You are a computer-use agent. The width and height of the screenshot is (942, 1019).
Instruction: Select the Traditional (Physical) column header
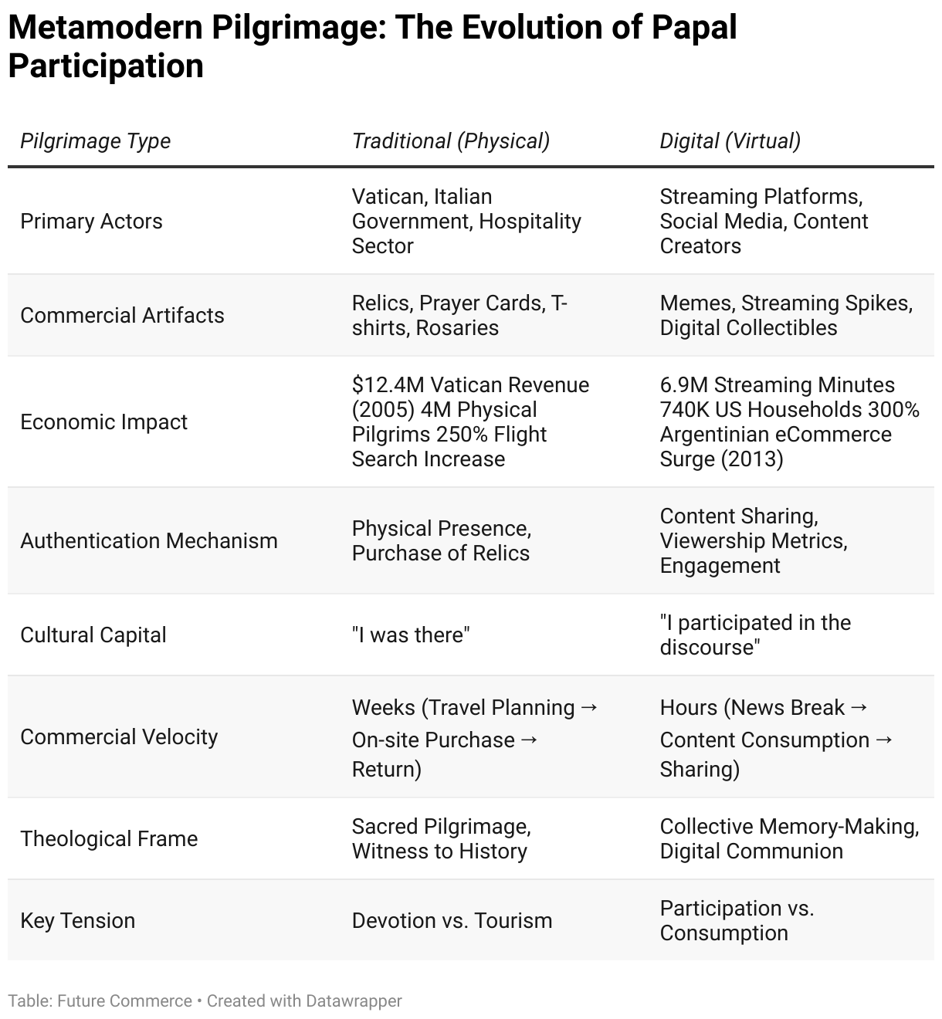[450, 141]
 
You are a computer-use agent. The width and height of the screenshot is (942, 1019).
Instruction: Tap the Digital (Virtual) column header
[730, 141]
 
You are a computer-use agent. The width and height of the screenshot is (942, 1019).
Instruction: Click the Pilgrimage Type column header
[95, 141]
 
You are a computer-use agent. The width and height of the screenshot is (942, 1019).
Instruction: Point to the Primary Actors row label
[91, 222]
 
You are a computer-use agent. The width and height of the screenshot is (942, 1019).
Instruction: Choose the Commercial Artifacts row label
[122, 316]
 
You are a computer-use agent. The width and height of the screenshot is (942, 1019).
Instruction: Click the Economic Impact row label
[103, 422]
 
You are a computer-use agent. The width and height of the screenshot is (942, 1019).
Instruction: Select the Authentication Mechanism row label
[148, 541]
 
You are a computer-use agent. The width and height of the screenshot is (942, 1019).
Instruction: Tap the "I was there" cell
[411, 635]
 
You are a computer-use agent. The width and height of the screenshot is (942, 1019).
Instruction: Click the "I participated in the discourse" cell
[754, 635]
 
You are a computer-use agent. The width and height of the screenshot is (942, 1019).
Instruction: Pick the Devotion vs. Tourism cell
[452, 921]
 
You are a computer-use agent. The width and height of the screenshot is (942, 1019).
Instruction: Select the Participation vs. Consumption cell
[736, 920]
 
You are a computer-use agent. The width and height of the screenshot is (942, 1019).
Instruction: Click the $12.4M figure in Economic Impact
[388, 385]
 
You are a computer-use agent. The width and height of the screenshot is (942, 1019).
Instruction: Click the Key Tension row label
[77, 921]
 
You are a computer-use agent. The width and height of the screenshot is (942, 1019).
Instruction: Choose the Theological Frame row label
[109, 839]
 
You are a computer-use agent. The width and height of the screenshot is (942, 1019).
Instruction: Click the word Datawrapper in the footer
[354, 1001]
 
